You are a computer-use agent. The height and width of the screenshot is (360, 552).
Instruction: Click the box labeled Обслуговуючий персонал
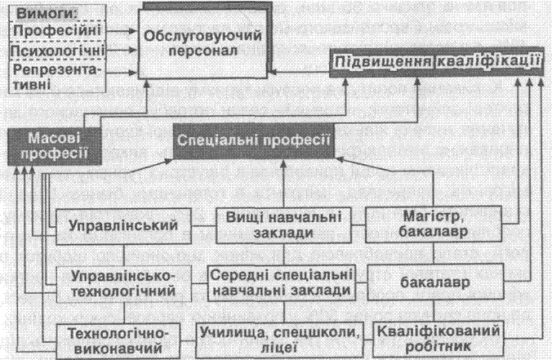(x=203, y=43)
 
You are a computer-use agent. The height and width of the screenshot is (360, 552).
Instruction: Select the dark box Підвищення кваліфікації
(x=437, y=62)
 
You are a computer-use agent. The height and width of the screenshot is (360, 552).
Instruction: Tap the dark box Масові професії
(x=55, y=146)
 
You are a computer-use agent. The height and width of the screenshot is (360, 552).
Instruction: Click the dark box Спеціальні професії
(x=253, y=140)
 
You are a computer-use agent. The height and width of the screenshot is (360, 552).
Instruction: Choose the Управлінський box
(x=123, y=226)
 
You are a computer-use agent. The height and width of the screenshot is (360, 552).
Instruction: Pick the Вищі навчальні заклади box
(x=283, y=225)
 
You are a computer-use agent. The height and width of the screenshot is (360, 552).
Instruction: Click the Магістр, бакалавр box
(x=434, y=224)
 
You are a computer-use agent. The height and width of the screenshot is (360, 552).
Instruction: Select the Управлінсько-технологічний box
(x=123, y=283)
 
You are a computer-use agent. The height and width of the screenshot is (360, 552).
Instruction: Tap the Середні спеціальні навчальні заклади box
(x=281, y=283)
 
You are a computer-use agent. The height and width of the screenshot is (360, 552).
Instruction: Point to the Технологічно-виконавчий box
(x=118, y=340)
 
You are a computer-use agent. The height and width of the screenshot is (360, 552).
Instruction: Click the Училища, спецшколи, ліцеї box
(x=279, y=340)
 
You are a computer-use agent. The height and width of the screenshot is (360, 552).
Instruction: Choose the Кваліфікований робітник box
(x=438, y=339)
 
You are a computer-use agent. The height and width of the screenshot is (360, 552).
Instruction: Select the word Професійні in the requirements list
(x=57, y=31)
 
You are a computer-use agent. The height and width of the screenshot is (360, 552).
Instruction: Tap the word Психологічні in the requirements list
(x=57, y=51)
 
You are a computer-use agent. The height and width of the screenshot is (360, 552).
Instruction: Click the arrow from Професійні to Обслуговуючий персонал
(x=122, y=31)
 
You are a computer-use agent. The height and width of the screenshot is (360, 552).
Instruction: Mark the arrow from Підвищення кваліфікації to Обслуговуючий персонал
(x=299, y=73)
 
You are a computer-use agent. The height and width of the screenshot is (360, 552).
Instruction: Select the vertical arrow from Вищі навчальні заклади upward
(x=283, y=184)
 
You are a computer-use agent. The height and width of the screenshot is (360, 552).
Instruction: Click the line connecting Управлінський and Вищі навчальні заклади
(x=203, y=226)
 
